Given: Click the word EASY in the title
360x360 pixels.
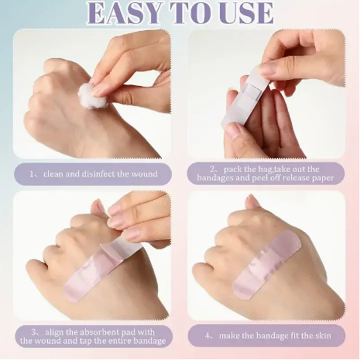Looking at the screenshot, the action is click(124, 13).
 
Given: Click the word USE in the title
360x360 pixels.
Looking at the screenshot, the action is click(247, 13).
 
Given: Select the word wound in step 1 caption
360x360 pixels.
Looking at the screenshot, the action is click(144, 174).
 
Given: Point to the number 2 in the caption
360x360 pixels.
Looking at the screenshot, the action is click(212, 169).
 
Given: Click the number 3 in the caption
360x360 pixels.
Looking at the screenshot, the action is click(34, 332).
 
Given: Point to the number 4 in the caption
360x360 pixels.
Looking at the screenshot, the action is click(207, 336).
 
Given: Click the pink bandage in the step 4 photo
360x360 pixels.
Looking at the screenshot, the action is click(266, 265).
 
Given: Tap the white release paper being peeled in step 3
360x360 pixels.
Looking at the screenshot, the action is click(121, 247).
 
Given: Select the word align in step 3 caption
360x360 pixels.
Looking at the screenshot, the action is click(54, 332).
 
